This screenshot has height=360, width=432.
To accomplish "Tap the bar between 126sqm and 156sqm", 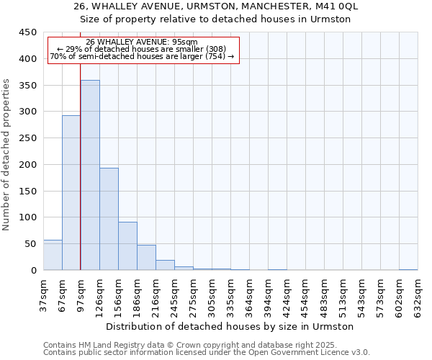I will point(109,219).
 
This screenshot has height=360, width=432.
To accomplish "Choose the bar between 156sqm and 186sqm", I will point(127,246).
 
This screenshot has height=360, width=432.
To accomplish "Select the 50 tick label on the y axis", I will point(30,244).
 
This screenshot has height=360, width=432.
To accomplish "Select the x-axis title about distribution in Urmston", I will point(235,326).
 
